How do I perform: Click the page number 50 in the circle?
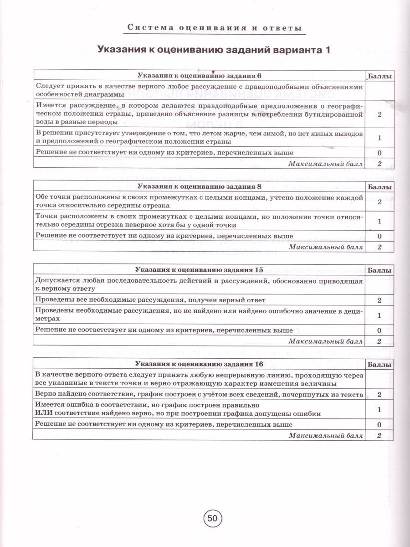212,518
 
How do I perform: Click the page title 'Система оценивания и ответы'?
215,28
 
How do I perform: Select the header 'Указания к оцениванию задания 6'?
200,76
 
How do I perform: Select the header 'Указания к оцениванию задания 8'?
200,186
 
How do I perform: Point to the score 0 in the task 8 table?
379,236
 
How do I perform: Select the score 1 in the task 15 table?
379,315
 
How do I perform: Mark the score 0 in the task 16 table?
379,424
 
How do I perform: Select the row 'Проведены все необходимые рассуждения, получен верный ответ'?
150,300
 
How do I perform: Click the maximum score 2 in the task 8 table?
379,247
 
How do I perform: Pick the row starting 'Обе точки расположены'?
199,201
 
